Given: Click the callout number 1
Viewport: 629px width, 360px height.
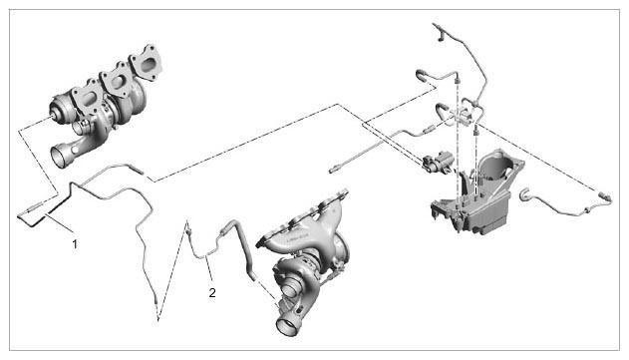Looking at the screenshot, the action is [75, 243].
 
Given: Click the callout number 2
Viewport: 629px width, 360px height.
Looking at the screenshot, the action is [212, 292].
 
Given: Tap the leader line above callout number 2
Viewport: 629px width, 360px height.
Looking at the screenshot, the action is [208, 270].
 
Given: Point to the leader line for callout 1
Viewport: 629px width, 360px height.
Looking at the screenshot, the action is [59, 223].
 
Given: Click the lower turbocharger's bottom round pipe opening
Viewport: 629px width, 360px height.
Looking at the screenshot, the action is [286, 324].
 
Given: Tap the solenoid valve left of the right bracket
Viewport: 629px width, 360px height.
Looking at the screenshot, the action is [437, 162].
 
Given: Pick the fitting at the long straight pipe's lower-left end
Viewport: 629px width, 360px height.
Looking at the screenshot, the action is [334, 170].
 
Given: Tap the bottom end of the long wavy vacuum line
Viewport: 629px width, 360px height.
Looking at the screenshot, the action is [157, 299].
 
